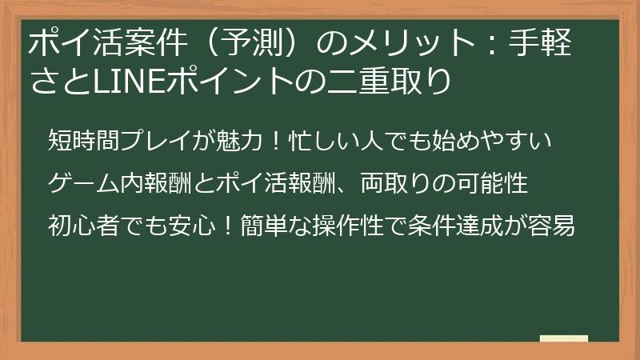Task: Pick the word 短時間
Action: (x=84, y=141)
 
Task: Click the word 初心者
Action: (x=84, y=226)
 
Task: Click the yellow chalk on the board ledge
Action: (x=563, y=339)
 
